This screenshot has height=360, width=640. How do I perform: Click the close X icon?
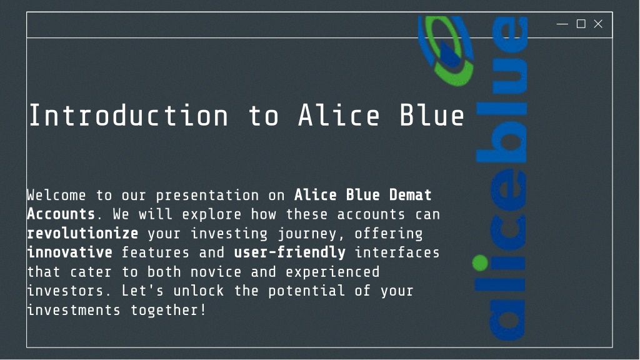tap(598, 24)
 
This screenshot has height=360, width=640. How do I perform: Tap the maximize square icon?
tap(581, 24)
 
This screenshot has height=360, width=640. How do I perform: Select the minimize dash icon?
tap(562, 24)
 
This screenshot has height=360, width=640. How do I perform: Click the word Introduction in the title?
tap(128, 116)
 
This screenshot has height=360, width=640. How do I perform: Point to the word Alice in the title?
tap(339, 116)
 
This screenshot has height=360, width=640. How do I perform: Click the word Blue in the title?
tap(432, 116)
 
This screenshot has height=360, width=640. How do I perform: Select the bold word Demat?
tap(410, 195)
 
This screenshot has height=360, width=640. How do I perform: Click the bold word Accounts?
tap(61, 214)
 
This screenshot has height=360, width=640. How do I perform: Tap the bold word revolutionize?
tap(82, 234)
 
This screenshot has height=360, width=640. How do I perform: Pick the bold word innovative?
tap(69, 252)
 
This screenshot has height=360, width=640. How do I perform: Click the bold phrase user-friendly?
tap(290, 252)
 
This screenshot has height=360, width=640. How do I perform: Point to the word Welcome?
tap(56, 195)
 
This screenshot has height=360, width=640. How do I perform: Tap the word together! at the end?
tap(168, 311)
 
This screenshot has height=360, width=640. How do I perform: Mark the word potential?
tap(306, 291)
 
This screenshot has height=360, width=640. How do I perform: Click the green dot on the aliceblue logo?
tap(480, 263)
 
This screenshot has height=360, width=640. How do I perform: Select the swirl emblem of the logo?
tap(446, 51)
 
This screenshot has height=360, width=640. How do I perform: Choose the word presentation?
tap(207, 196)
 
